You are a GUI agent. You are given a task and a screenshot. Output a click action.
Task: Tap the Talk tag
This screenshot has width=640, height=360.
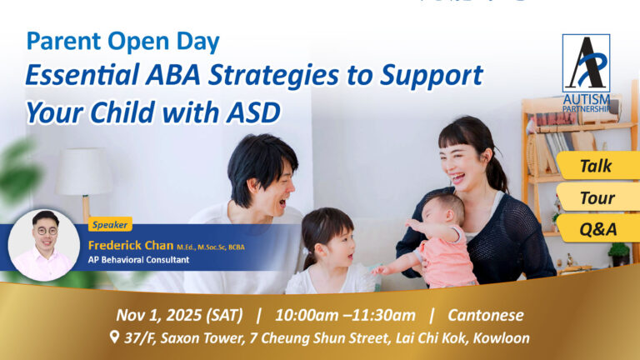[x=596, y=166]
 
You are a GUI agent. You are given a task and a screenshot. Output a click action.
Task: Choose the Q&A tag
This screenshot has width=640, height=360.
[x=596, y=228]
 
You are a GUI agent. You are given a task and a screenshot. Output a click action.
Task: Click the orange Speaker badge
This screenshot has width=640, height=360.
[x=110, y=224]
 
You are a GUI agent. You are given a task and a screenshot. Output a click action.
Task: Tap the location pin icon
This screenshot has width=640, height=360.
[x=113, y=338]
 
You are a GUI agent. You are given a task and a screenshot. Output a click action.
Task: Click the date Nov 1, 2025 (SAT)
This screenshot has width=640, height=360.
[x=179, y=315]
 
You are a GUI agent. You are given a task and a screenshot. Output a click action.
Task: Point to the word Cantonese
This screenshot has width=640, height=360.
[x=484, y=315]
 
